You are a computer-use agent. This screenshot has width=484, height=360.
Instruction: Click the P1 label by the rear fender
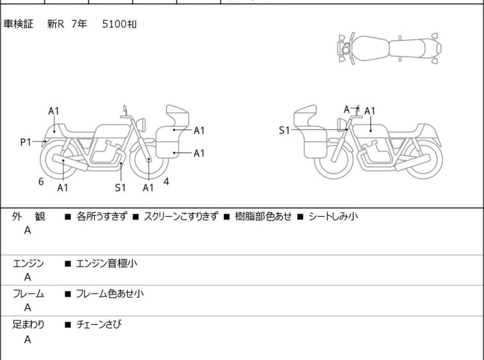point(26,142)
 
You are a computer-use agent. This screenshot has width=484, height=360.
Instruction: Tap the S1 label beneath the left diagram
point(121,187)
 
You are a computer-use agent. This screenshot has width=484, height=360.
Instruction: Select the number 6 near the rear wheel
point(41,182)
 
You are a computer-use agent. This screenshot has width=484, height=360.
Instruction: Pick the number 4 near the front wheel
point(166,182)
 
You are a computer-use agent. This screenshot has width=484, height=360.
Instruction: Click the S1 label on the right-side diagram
point(284,130)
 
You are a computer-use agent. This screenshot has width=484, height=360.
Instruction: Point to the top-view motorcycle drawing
point(389,48)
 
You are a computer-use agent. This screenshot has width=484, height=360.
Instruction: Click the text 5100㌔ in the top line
point(119,24)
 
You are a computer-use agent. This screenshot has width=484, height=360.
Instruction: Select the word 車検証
point(18,24)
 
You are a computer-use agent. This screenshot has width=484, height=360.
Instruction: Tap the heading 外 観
point(28,216)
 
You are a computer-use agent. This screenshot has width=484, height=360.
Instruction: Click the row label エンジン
point(28,263)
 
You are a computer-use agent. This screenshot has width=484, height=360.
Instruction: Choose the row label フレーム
point(28,293)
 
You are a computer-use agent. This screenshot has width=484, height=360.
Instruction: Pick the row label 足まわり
point(28,324)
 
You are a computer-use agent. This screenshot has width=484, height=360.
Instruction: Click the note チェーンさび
point(99,324)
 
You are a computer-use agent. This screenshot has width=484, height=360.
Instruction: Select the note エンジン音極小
point(106,263)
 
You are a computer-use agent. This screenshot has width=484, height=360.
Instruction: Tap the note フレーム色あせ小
point(110,293)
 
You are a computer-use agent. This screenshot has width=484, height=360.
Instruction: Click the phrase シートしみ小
point(333,216)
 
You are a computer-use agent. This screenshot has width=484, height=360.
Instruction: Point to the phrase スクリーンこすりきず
point(181,216)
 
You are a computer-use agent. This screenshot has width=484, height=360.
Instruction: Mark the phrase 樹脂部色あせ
point(263,216)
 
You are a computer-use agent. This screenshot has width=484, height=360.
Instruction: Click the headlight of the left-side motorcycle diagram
point(141,124)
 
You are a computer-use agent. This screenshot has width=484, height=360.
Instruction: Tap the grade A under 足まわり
point(28,339)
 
